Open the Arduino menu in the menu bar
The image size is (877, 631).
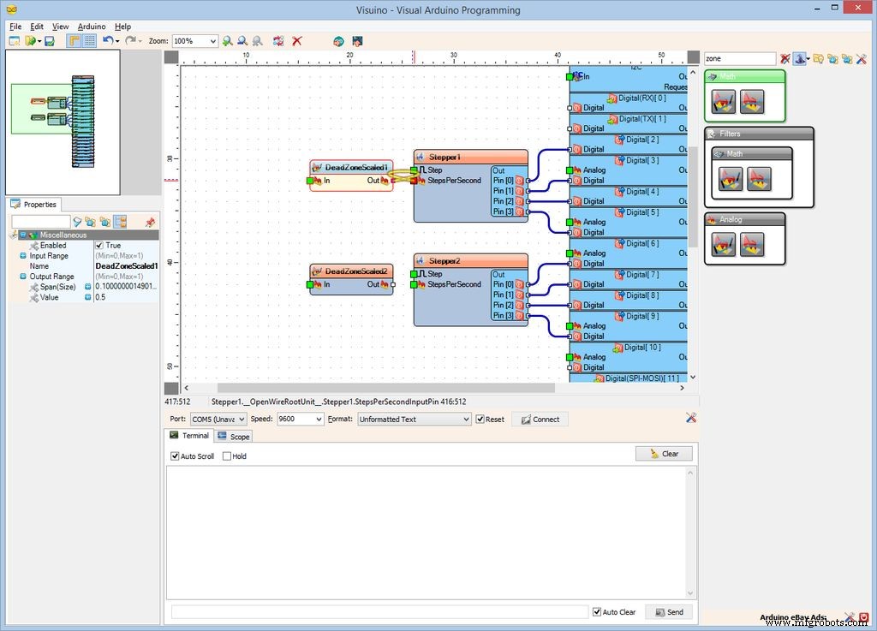(x=91, y=27)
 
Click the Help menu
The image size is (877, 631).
(x=123, y=27)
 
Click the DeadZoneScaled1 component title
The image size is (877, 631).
(x=356, y=168)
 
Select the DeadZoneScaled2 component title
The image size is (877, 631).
(x=356, y=271)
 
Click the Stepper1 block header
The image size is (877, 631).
(x=444, y=158)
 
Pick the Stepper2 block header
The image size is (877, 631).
(x=444, y=261)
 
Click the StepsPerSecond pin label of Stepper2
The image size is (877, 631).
(x=454, y=284)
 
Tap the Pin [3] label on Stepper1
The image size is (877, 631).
(x=504, y=211)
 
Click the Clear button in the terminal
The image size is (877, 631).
(x=664, y=454)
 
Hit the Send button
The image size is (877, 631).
(x=668, y=612)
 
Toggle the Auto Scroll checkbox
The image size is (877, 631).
(x=176, y=456)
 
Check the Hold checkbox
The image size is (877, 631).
(x=227, y=456)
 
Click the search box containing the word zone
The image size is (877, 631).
(x=739, y=59)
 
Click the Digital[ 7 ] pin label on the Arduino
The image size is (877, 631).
(x=642, y=275)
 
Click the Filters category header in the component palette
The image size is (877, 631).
(x=730, y=134)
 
